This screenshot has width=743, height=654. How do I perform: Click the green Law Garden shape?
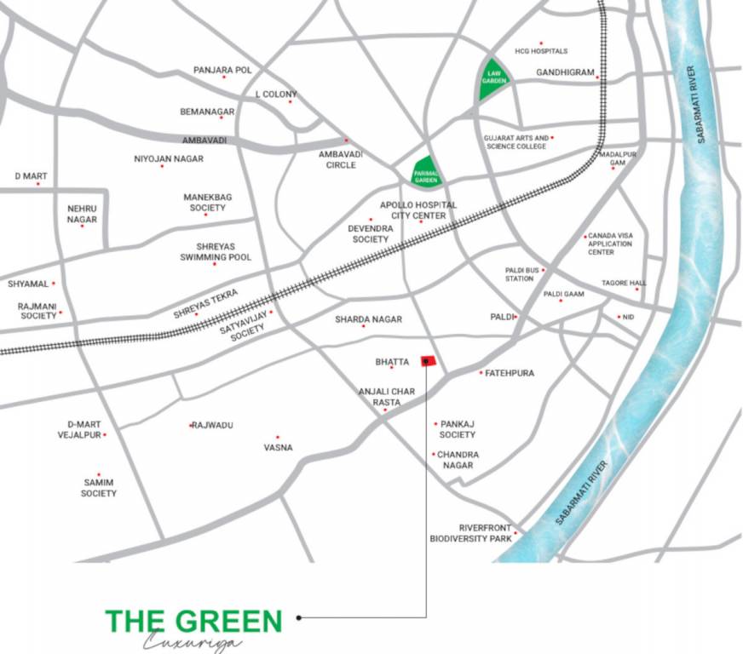pos(494,79)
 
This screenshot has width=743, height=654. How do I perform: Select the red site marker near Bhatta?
pos(428,361)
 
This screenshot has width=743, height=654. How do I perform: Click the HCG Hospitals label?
pos(541,51)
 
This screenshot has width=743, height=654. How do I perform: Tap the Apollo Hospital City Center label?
pos(418,210)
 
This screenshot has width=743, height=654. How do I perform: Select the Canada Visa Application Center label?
pos(611,244)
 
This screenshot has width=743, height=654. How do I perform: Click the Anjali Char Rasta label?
pos(386,396)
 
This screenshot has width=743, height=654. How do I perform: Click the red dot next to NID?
pos(619,317)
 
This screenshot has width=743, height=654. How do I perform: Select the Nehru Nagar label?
pos(82,214)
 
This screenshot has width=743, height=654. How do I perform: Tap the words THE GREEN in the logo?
pos(193,621)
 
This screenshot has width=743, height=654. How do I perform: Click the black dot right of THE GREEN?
pos(298,617)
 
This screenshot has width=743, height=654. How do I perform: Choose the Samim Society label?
pos(99,488)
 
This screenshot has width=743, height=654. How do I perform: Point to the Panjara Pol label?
pos(222,69)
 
